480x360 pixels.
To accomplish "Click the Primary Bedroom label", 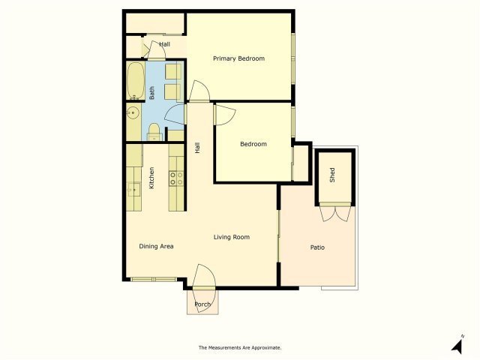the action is pos(238,58).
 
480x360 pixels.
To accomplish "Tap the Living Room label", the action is pos(232,237).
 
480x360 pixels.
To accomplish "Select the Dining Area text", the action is pos(156,246).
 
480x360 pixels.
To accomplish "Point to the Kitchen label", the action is pos(151,178).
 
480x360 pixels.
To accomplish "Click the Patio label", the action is pos(317,247).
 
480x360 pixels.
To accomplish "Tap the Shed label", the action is pos(332,175).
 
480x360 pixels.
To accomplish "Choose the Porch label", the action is pos(202,304).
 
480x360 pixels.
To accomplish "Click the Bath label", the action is pos(151,93).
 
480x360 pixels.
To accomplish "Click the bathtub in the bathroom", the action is pos(136,81).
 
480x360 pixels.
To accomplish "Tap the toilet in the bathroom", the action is pos(154,132).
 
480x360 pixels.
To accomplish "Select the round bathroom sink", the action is pos(133,113).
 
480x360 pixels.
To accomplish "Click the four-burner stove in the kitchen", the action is pos(176,178).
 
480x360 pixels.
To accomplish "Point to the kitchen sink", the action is pos(133,190).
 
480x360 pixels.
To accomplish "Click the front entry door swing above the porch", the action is pos(204,275).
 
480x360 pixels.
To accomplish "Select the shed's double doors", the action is pos(335,213).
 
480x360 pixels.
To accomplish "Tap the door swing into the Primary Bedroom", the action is pos(199,91).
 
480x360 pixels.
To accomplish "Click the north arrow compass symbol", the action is pos(457,344).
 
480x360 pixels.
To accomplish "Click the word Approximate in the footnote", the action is pos(265,348).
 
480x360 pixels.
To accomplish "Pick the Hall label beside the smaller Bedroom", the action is pos(197,148).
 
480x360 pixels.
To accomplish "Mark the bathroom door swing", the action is pos(175,114).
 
